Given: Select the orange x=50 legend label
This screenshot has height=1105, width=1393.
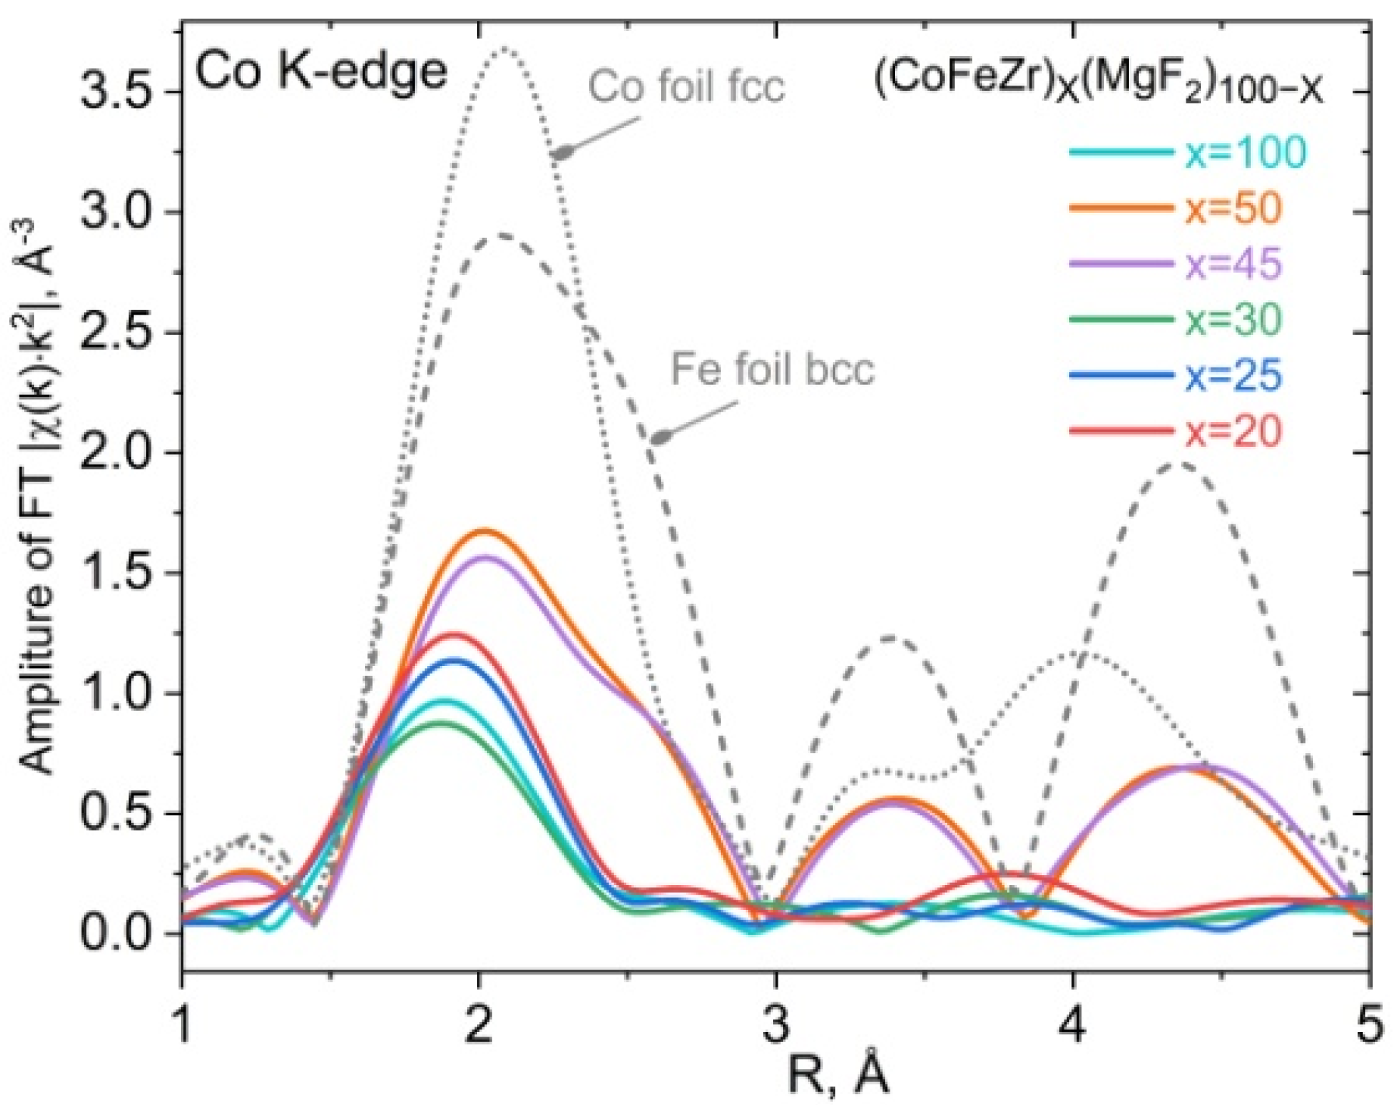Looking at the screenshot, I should (1233, 209).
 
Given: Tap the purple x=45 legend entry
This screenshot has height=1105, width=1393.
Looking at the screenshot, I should (1233, 265).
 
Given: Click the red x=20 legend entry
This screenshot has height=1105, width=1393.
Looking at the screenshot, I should (1233, 432).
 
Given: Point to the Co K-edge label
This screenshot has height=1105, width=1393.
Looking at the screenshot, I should (321, 71).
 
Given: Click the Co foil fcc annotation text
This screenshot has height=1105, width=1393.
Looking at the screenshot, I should (686, 86).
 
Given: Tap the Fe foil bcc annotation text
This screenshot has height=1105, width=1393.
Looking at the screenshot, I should (772, 370).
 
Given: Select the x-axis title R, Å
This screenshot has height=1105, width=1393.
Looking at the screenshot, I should (838, 1075).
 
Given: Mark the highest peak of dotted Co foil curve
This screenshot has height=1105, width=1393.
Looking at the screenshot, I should (505, 49).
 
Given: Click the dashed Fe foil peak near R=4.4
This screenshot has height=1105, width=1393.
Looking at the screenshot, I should (1179, 464).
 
